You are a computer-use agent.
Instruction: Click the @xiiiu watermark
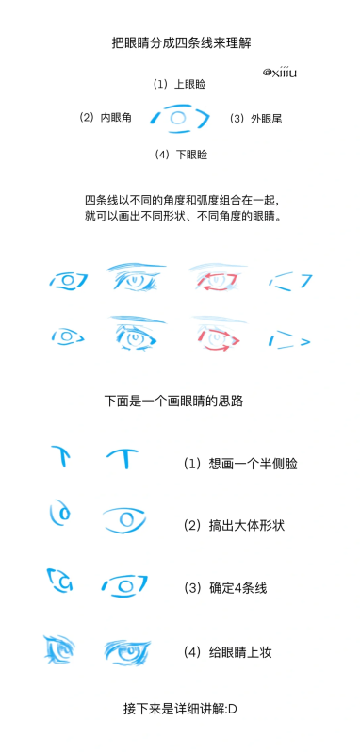(x=279, y=73)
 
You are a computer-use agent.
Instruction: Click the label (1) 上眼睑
(x=180, y=84)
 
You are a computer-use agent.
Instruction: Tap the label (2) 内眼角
(x=106, y=117)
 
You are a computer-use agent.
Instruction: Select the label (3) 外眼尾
(x=255, y=119)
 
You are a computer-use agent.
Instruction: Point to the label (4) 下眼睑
(x=181, y=155)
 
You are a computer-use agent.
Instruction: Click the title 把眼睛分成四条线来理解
(x=181, y=43)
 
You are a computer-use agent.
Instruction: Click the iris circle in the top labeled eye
(x=178, y=118)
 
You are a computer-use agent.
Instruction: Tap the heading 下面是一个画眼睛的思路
(x=173, y=402)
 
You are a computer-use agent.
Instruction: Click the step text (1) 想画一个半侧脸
(x=240, y=464)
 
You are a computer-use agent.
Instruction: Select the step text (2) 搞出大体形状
(x=234, y=525)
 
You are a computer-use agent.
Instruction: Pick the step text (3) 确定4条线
(x=225, y=587)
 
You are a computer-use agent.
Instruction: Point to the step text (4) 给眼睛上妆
(x=228, y=652)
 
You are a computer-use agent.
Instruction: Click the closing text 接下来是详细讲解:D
(x=180, y=709)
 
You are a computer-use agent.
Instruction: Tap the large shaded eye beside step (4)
(x=127, y=653)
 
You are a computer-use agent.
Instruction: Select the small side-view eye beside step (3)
(x=60, y=581)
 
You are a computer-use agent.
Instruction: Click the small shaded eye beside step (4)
(x=58, y=650)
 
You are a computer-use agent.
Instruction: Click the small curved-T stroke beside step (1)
(x=60, y=456)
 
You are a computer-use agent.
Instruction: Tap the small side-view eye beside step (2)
(x=59, y=513)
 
